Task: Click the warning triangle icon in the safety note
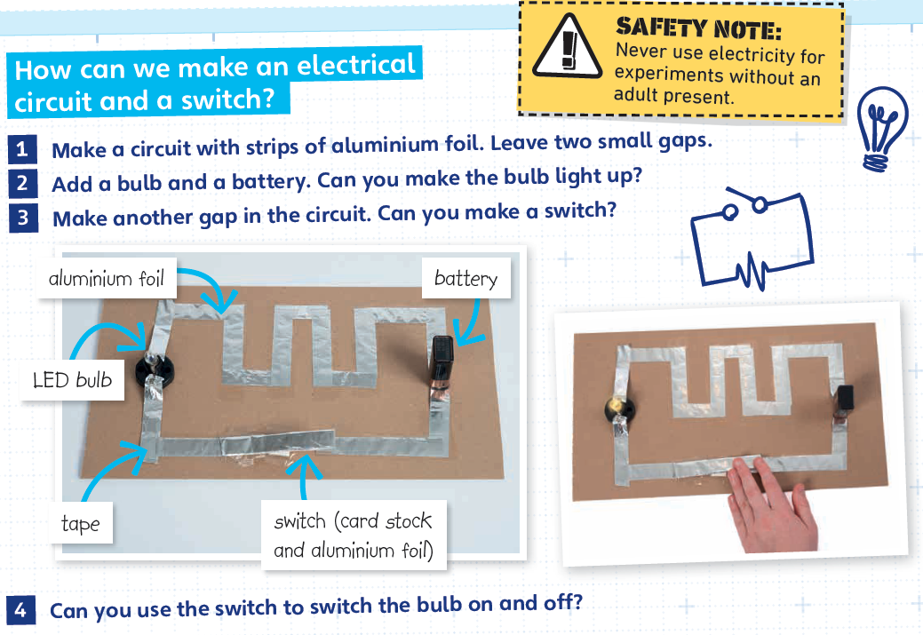pyautogui.click(x=568, y=47)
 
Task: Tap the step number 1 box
pyautogui.click(x=22, y=149)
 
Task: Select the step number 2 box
pyautogui.click(x=22, y=183)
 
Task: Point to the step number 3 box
pyautogui.click(x=23, y=218)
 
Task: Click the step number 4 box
pyautogui.click(x=20, y=610)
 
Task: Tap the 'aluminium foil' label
pyautogui.click(x=107, y=278)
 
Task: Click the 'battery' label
pyautogui.click(x=465, y=278)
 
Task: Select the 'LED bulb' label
pyautogui.click(x=73, y=379)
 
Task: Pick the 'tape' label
pyautogui.click(x=81, y=522)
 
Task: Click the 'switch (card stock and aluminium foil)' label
pyautogui.click(x=354, y=535)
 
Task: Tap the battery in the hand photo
pyautogui.click(x=846, y=399)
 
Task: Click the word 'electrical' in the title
pyautogui.click(x=356, y=66)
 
